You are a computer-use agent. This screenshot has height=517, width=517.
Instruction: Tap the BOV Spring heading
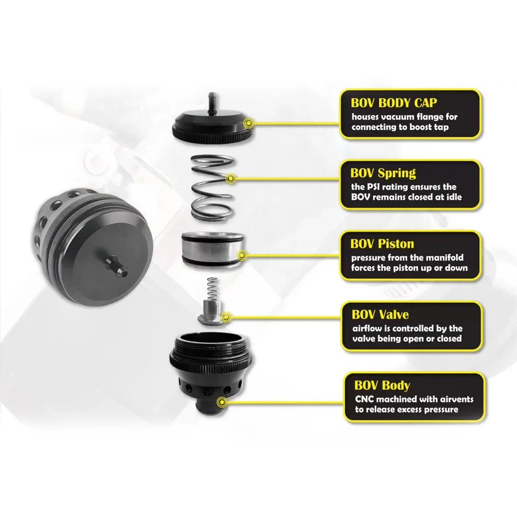point(383,172)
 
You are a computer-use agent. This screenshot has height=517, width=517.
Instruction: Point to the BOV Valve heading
point(379,314)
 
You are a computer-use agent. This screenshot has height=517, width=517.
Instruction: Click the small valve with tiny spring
point(209,306)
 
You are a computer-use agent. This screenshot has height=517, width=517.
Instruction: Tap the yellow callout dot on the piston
point(243,254)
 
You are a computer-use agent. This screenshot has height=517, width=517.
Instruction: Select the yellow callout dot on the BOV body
point(223,401)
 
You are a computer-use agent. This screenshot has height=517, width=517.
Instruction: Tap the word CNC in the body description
point(361,400)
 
